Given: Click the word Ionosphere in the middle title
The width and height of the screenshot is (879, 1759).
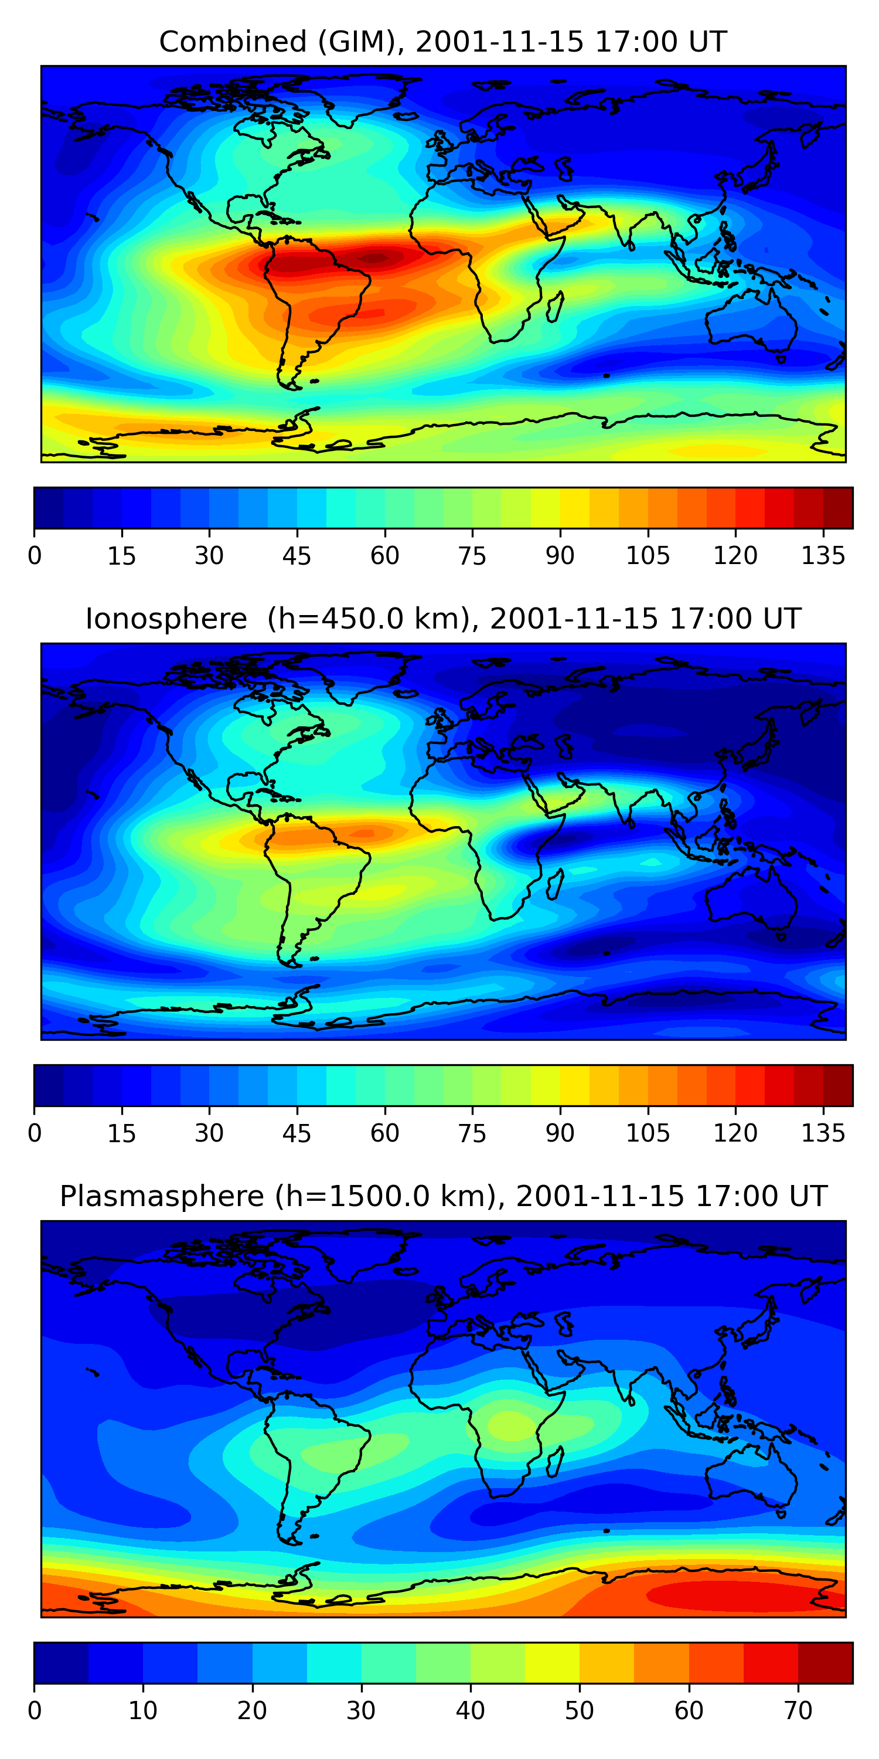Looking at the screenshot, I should point(166,619).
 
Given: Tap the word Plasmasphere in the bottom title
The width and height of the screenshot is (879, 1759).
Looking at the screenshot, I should point(161,1196).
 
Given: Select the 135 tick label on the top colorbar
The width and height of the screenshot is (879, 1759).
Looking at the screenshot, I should point(823,556).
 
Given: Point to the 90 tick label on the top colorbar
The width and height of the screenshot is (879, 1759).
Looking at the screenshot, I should point(560,556).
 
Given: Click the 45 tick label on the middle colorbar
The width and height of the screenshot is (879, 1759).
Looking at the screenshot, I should point(297,1133).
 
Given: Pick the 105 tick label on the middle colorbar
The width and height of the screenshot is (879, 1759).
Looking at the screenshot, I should point(648,1133).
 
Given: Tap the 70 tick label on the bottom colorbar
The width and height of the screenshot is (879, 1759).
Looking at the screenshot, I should point(798,1710).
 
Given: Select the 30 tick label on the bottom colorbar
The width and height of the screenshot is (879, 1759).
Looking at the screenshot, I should point(361,1710).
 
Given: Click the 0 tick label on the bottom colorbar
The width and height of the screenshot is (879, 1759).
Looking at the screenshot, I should point(34,1710).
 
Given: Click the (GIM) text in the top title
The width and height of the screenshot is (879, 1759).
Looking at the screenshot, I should point(357,42).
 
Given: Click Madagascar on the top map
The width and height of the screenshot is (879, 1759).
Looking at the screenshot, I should point(556,306).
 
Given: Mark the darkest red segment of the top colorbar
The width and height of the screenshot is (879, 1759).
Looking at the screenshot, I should point(838,508).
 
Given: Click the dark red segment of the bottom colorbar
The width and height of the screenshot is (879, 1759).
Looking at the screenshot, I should point(825,1663).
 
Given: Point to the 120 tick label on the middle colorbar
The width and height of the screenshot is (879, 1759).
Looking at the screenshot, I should point(735,1133).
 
